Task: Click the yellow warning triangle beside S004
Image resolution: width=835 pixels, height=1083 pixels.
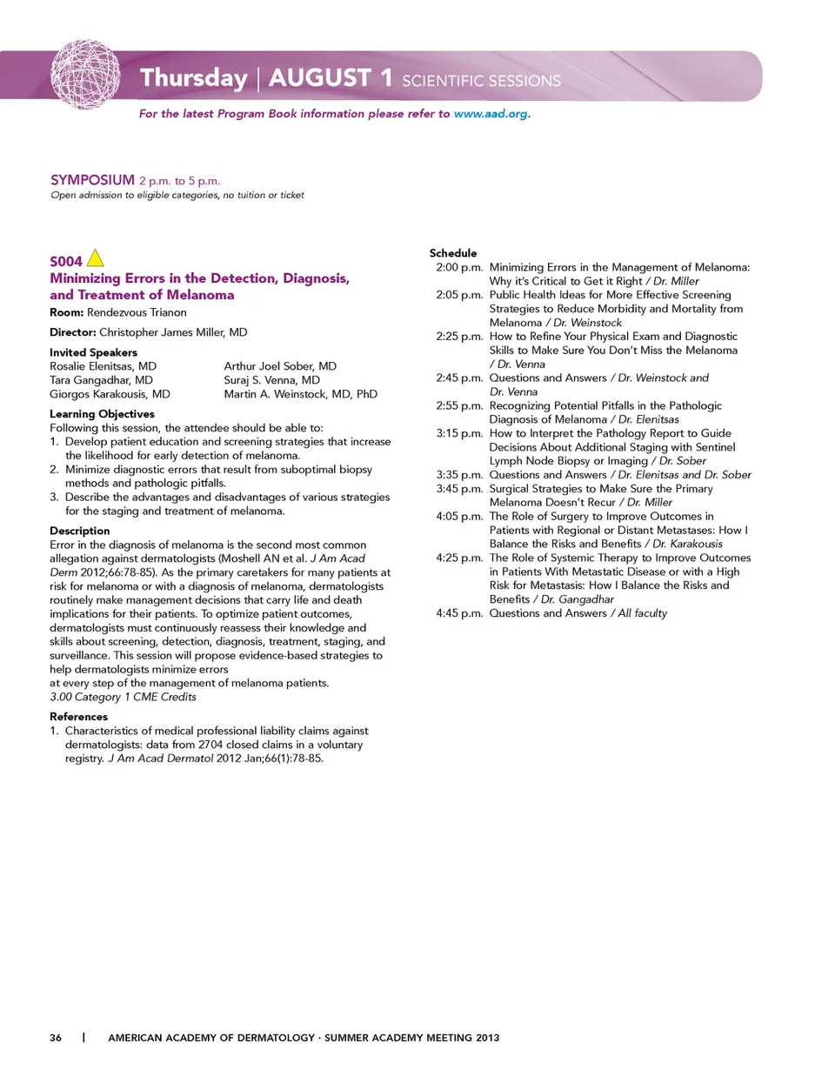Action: [x=96, y=258]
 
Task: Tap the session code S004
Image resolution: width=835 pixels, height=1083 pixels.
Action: [x=65, y=261]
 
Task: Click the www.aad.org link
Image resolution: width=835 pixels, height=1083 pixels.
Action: [x=491, y=114]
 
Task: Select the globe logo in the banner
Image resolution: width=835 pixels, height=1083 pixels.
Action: [x=85, y=74]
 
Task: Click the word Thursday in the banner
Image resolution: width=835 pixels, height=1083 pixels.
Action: [x=194, y=78]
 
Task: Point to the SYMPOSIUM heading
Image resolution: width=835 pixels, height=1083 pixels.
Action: [x=92, y=180]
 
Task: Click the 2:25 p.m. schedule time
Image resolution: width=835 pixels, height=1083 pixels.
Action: [x=459, y=337]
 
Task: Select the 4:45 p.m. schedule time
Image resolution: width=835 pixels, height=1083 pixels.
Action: [x=459, y=613]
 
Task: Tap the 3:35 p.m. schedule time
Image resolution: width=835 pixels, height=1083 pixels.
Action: [x=459, y=475]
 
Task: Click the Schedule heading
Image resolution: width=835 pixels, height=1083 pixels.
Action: [x=453, y=253]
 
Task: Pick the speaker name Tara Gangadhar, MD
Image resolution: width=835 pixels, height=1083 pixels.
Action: [x=101, y=380]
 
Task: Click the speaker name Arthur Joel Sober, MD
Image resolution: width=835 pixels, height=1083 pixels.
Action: [x=280, y=366]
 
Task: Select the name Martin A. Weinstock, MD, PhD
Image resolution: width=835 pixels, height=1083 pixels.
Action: [x=301, y=394]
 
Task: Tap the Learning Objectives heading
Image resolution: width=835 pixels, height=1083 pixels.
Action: [x=102, y=414]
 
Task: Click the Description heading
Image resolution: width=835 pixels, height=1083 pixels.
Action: [x=80, y=531]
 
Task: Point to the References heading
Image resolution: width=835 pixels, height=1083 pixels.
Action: [x=79, y=717]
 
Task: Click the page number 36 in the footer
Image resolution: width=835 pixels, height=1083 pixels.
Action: [x=56, y=1038]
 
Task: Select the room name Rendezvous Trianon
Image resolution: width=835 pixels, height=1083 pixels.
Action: [x=137, y=312]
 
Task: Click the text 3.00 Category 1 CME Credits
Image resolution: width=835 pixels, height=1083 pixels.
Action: [x=123, y=697]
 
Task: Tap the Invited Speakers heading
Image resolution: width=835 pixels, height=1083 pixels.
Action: [x=93, y=352]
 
